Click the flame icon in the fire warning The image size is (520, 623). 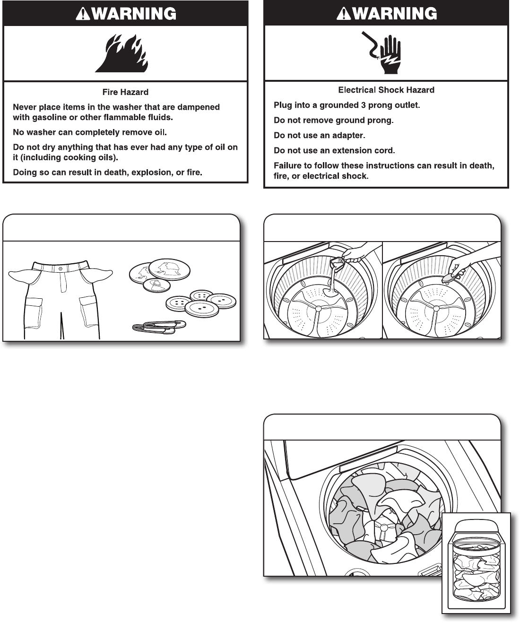coord(121,53)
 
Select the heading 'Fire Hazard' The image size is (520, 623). coord(125,92)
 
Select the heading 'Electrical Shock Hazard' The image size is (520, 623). coord(386,90)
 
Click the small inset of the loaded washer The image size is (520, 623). coord(476,562)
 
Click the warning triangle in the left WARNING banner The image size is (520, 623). coord(84,14)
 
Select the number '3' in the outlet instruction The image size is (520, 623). coord(364,105)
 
